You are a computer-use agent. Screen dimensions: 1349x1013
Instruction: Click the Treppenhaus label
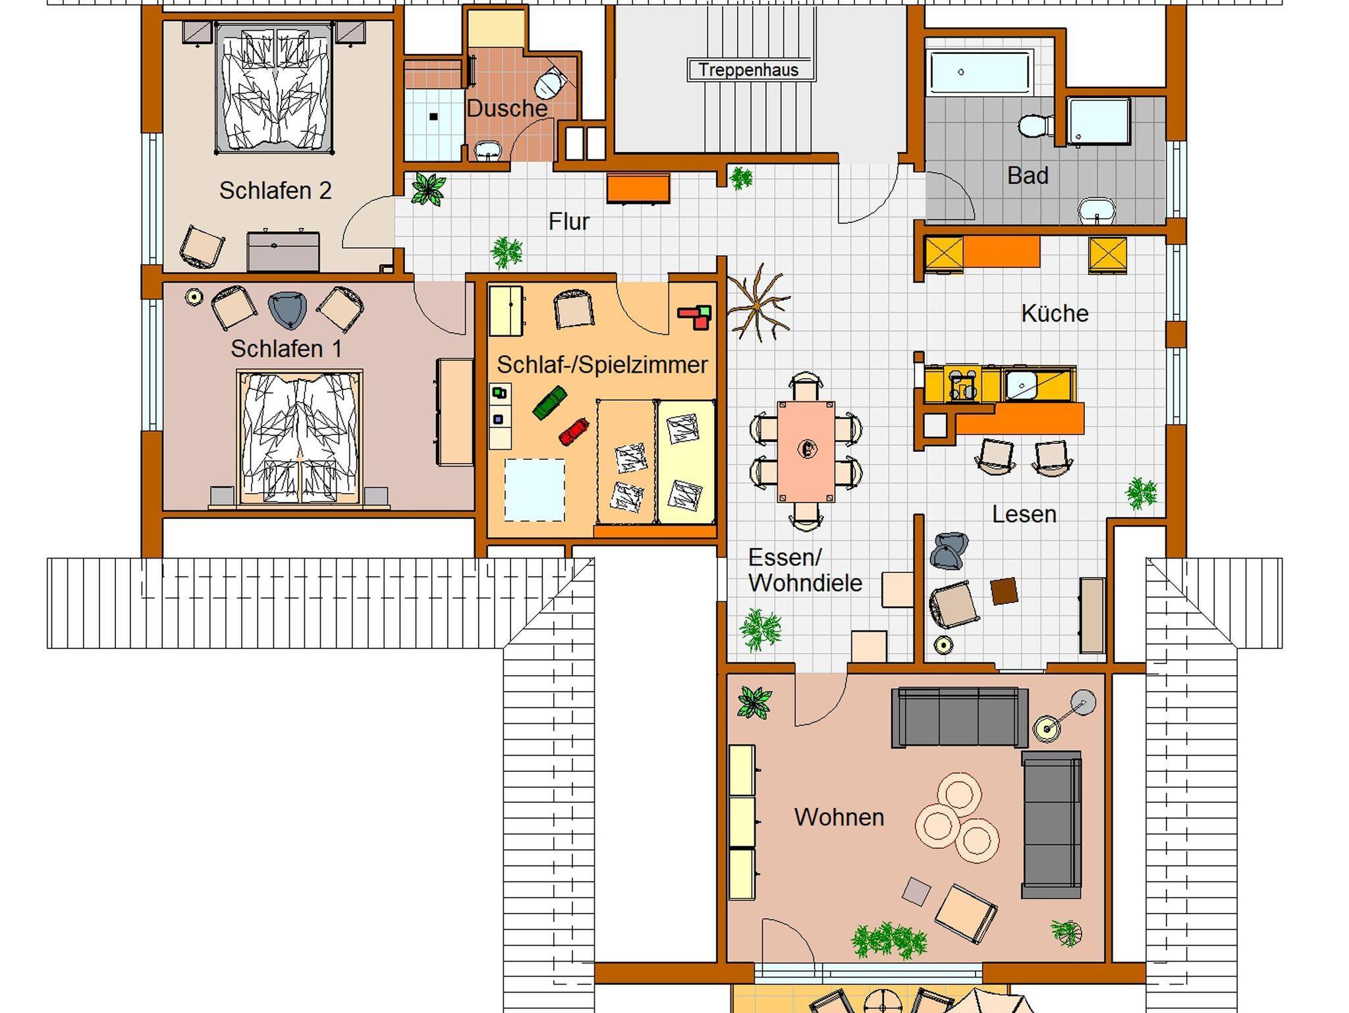coord(748,70)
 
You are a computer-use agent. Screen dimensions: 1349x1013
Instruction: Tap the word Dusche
coord(507,109)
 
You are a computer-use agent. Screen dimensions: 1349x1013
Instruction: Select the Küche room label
coord(1055,313)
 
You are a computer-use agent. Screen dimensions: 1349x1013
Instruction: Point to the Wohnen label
coord(839,817)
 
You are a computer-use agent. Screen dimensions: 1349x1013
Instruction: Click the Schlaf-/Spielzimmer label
coord(602,364)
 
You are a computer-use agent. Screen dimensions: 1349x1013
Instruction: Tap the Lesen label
coord(1024,514)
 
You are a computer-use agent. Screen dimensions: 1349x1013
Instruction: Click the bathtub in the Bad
coord(979,72)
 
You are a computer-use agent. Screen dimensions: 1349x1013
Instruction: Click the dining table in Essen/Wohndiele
coord(806,451)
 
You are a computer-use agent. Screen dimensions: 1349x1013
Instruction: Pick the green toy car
coord(549,402)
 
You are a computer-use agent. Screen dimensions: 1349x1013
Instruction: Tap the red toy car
coord(574,431)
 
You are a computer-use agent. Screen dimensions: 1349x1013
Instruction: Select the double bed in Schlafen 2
coord(273,88)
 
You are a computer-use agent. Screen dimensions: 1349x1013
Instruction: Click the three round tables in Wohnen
coord(957,818)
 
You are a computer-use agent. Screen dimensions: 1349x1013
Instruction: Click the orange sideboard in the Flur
coord(638,188)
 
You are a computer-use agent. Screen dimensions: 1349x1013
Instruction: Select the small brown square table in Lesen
coord(1005,591)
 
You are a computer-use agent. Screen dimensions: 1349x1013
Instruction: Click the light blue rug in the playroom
coord(534,490)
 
